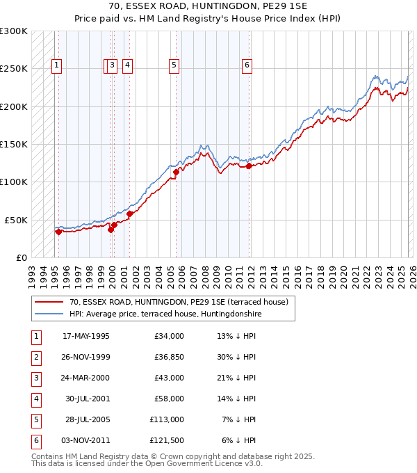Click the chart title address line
208,6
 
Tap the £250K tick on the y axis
14,69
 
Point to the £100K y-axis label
14,182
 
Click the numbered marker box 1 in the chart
56,66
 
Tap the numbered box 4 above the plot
128,66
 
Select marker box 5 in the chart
174,66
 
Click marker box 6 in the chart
247,66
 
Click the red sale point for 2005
176,172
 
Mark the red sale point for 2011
249,166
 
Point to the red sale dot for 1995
58,232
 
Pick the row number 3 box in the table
35,378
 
